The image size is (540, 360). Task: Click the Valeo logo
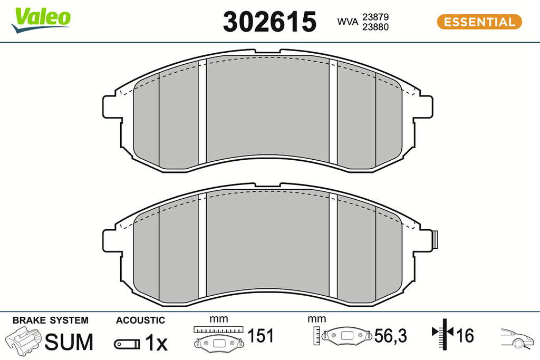(41, 20)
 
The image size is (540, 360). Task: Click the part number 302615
(269, 21)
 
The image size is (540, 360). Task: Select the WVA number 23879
(375, 17)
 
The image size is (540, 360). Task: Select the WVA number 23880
(375, 27)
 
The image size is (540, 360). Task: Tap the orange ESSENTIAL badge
(479, 22)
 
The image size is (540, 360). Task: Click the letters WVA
(348, 22)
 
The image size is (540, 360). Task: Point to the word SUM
(69, 342)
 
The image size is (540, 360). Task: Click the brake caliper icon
(23, 340)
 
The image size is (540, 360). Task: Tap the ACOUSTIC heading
(140, 320)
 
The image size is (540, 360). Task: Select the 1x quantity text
(156, 343)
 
